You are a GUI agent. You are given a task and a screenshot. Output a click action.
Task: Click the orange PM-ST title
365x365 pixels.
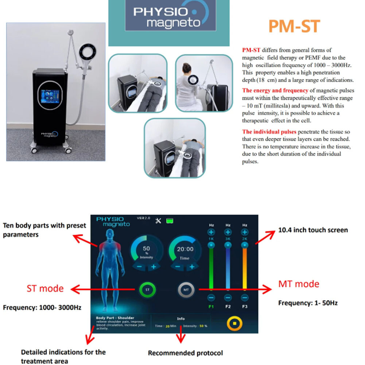click(x=294, y=26)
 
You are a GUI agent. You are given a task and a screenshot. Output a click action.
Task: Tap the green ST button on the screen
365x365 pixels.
click(x=147, y=290)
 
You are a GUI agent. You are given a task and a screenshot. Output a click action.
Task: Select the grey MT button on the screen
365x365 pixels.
click(x=186, y=290)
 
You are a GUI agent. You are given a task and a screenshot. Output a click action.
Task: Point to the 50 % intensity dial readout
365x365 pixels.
click(x=146, y=251)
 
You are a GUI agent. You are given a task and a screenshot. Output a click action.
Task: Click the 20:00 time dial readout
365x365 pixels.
click(x=185, y=250)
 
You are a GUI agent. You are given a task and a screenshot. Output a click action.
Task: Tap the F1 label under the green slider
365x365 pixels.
click(x=211, y=307)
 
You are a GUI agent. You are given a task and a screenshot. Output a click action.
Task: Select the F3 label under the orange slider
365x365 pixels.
click(x=245, y=307)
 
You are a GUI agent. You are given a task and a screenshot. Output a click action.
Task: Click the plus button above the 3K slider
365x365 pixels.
click(x=228, y=232)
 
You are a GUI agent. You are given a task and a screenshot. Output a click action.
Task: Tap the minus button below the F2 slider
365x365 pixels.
click(x=228, y=298)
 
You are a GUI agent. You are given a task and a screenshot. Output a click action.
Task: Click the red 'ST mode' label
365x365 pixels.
click(x=45, y=288)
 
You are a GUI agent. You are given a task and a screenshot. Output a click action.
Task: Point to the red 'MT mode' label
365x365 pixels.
click(x=299, y=284)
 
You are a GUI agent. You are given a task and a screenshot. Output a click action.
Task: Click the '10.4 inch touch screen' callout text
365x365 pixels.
click(x=313, y=230)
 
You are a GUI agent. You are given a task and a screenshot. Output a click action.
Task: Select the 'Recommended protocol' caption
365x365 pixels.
click(x=185, y=353)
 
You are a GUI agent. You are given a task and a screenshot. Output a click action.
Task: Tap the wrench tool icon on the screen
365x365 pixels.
click(x=158, y=221)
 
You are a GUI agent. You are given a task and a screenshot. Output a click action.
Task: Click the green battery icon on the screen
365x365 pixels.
click(x=169, y=220)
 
